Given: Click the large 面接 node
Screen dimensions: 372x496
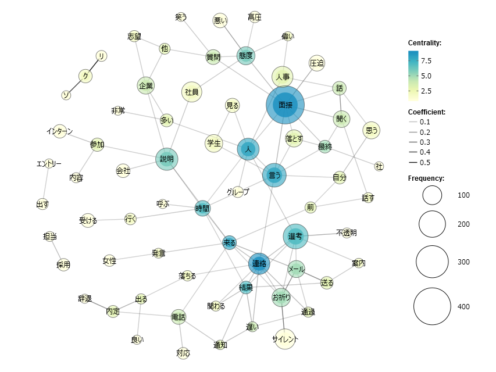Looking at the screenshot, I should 286,105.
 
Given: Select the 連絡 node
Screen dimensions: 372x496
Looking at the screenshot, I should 259,264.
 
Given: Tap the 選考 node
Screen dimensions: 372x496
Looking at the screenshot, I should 295,236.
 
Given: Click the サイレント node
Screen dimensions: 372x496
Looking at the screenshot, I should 284,339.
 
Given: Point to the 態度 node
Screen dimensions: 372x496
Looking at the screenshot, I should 246,56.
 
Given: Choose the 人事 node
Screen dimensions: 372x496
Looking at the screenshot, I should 283,77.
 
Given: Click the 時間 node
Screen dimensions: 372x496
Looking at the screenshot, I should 202,208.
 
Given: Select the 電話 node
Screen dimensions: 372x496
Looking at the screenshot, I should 179,317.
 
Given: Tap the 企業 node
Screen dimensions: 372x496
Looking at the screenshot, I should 146,86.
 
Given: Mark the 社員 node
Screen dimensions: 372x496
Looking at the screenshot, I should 192,92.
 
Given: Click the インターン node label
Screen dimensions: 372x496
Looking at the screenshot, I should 59,132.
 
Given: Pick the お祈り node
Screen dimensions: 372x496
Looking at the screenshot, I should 281,298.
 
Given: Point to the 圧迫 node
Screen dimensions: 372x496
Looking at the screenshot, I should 317,63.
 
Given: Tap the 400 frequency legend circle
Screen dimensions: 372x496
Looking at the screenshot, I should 432,307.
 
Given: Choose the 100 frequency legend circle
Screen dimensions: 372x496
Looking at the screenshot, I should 432,195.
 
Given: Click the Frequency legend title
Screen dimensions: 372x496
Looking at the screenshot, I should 426,178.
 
